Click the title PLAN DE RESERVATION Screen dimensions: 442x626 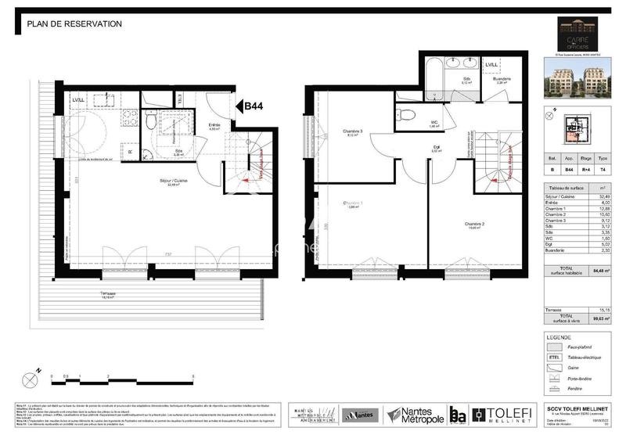pyautogui.click(x=74, y=24)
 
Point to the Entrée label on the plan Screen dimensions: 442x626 pyautogui.click(x=214, y=126)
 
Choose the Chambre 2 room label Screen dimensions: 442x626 pyautogui.click(x=464, y=224)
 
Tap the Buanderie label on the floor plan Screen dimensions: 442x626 pyautogui.click(x=502, y=79)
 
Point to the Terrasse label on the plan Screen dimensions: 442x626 pyautogui.click(x=109, y=293)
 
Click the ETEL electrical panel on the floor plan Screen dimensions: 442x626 pyautogui.click(x=182, y=99)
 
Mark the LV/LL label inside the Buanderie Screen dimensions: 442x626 pyautogui.click(x=491, y=65)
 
